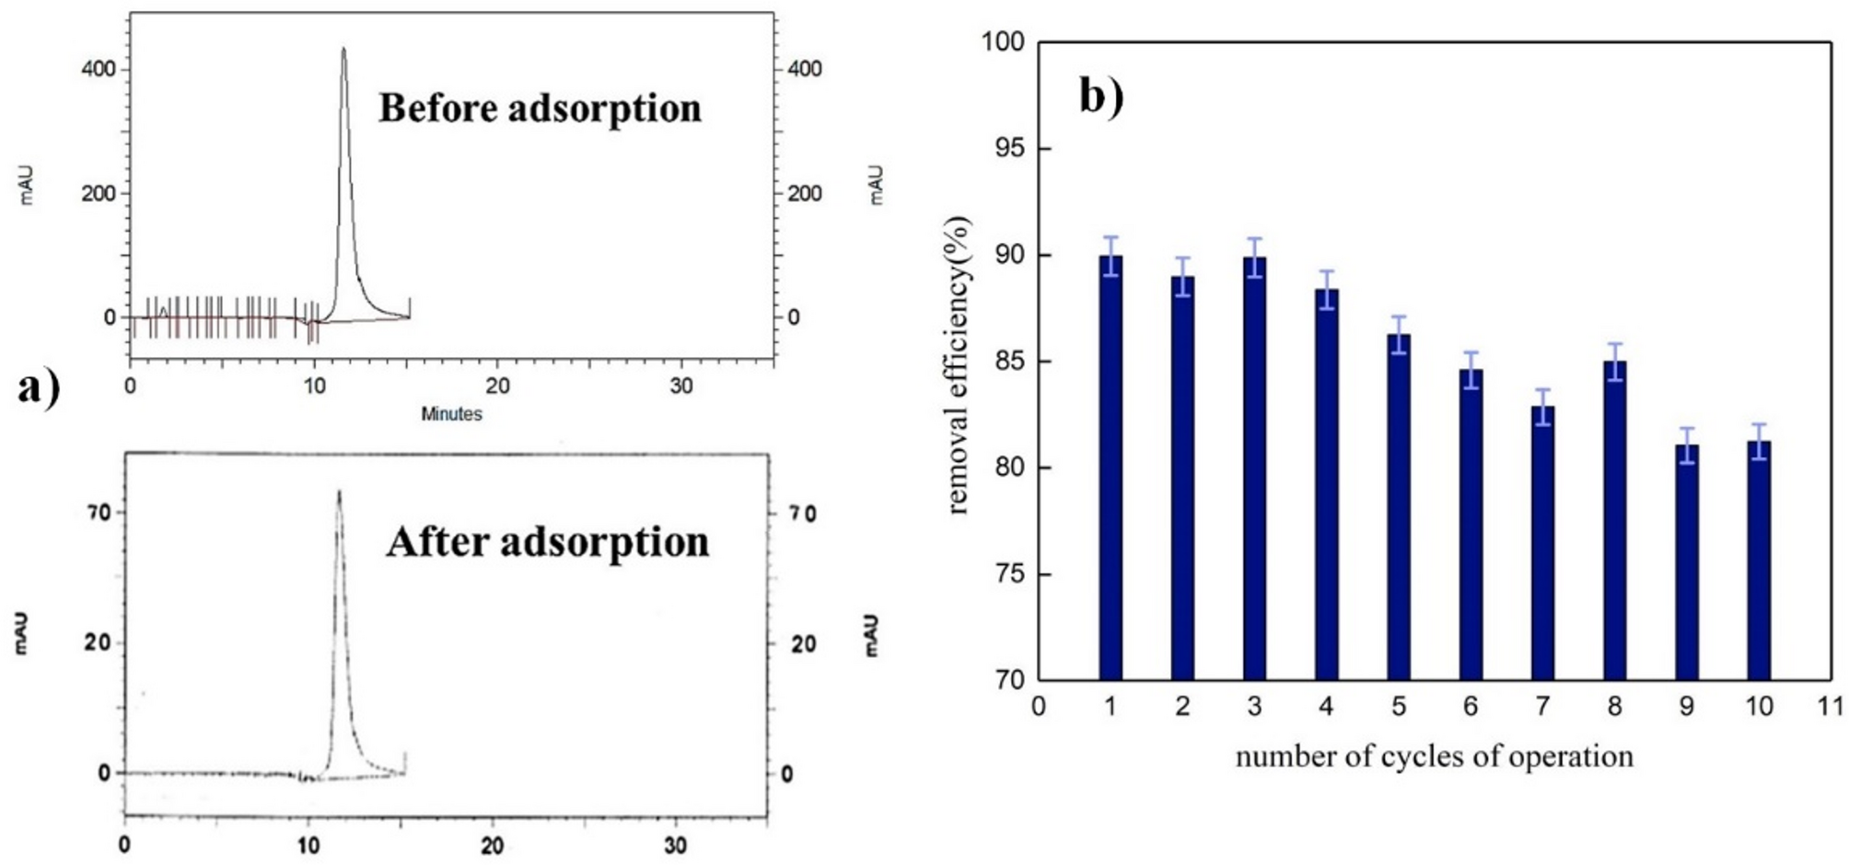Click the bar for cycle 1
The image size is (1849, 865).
point(1111,469)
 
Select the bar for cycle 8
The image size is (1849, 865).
point(1614,521)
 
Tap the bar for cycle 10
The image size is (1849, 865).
point(1759,561)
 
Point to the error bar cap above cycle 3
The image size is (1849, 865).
point(1254,238)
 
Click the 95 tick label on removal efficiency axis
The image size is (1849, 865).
point(1003,148)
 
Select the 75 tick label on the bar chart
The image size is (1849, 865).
point(1003,574)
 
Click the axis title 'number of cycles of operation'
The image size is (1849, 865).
point(1434,756)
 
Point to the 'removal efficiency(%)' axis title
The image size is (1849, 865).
point(959,364)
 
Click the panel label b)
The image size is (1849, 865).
point(1101,96)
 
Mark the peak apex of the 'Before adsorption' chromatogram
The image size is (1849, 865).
point(343,49)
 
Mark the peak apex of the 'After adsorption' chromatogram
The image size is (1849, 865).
point(339,491)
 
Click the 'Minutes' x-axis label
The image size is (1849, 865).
point(451,414)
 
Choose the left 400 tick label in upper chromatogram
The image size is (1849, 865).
point(99,69)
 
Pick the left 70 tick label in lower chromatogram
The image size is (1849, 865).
point(99,513)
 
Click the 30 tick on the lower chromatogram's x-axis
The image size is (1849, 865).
point(675,845)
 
